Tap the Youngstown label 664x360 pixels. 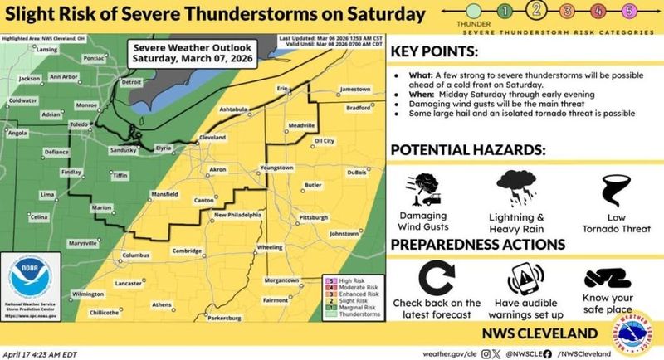(x=277, y=168)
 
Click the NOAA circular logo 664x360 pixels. (x=28, y=284)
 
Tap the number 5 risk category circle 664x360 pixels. (x=628, y=11)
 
